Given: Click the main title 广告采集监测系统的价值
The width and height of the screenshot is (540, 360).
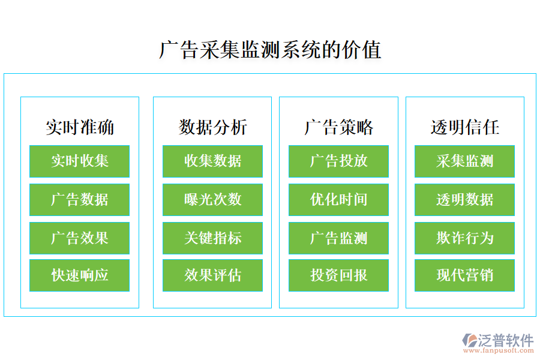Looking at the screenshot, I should point(270,50).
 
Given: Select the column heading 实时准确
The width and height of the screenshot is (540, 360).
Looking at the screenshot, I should point(80,127).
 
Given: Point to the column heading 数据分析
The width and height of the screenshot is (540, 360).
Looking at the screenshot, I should point(212,127).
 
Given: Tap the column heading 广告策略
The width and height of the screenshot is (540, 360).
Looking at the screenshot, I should point(338,127).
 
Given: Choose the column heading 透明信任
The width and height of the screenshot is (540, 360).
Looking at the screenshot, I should point(464,127).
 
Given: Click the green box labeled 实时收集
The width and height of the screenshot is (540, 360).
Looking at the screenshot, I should point(80,161).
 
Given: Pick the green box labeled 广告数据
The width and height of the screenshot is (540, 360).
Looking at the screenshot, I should point(80,200).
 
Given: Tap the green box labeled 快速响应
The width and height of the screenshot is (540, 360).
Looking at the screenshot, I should point(80,276).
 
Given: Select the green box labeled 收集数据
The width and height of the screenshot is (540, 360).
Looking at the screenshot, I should point(212,161).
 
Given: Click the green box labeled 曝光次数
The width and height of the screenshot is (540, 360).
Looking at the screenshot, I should point(212,200).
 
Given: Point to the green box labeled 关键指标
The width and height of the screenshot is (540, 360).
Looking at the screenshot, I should point(212,238).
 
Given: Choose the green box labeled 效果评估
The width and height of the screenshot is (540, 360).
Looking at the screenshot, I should point(212,276).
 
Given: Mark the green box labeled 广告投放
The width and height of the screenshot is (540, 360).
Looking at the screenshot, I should point(338,161).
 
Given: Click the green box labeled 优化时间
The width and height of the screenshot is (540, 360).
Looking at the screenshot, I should point(338,200).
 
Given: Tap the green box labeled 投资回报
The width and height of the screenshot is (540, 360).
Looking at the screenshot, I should point(338,276).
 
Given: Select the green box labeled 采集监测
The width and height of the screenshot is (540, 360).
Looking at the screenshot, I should point(464,161).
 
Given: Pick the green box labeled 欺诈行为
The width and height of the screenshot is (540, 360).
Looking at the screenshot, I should point(464,238).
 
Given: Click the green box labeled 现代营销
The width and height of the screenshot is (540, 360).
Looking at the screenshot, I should point(464,276).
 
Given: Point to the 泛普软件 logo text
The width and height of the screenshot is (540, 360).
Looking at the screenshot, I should point(505,341).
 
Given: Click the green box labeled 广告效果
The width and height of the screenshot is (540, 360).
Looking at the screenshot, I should point(80,238).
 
